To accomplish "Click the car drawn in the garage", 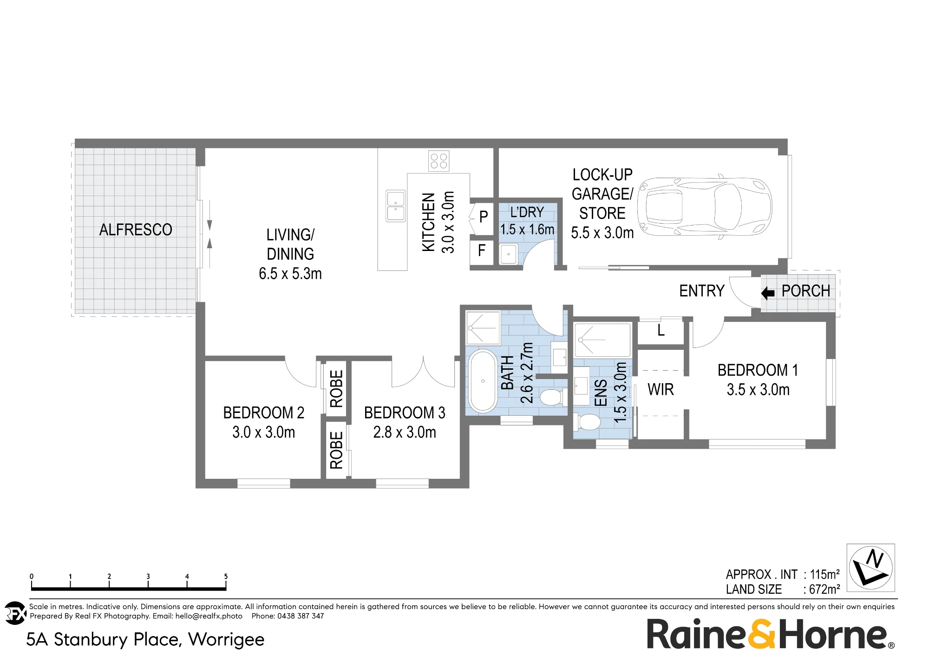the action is tap(704, 207).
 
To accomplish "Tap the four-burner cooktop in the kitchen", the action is tap(439, 161).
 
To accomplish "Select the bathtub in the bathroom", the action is tap(483, 381).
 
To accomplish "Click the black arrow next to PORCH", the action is tap(768, 293).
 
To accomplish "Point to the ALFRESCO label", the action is tap(136, 230).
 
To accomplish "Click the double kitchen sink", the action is tap(396, 206).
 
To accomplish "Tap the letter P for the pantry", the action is tap(484, 216).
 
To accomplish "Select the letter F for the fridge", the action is tap(482, 251).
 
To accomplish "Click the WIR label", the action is tap(661, 390).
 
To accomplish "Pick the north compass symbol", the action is tap(871, 568).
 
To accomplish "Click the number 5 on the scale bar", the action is tap(226, 576).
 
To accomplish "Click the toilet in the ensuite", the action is tap(589, 423).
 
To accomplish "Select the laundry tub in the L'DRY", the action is tap(509, 254).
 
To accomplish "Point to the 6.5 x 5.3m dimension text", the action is tap(290, 274).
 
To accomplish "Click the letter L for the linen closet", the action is tap(661, 330).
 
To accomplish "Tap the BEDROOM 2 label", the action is tap(264, 413).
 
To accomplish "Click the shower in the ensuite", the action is tap(602, 340).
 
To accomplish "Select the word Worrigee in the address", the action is tap(226, 639).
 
